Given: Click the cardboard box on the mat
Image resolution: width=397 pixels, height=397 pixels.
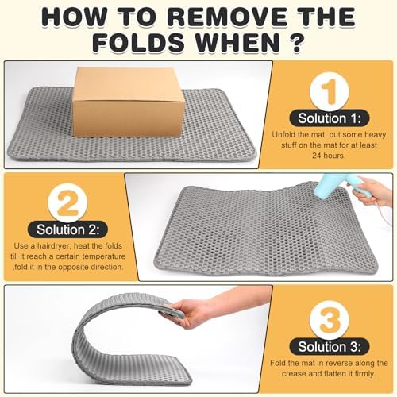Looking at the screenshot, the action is (x=129, y=102).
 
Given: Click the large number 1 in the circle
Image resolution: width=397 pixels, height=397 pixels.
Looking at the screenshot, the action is (x=330, y=92).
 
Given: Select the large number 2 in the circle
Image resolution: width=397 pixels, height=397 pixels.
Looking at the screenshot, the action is (x=68, y=203).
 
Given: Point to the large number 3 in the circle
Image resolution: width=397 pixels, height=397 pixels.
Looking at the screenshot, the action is (x=330, y=320).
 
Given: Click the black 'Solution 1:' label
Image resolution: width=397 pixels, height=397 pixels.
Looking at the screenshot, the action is (x=330, y=118).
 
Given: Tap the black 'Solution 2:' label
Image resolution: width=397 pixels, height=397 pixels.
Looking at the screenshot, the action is (x=67, y=229).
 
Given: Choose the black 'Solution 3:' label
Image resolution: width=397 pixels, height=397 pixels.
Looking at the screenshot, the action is (x=330, y=347).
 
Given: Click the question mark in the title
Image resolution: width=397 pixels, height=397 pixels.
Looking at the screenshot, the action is (x=297, y=42).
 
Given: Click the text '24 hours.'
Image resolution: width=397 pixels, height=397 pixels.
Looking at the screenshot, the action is (x=329, y=156).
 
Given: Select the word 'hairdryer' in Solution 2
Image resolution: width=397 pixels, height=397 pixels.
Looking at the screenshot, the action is (x=54, y=246).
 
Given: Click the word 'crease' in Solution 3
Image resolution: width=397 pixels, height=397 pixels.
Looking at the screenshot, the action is (x=293, y=374).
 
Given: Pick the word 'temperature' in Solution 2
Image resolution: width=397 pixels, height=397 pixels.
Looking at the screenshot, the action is (x=104, y=256).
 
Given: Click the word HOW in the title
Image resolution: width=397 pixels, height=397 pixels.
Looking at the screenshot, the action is (x=71, y=17).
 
